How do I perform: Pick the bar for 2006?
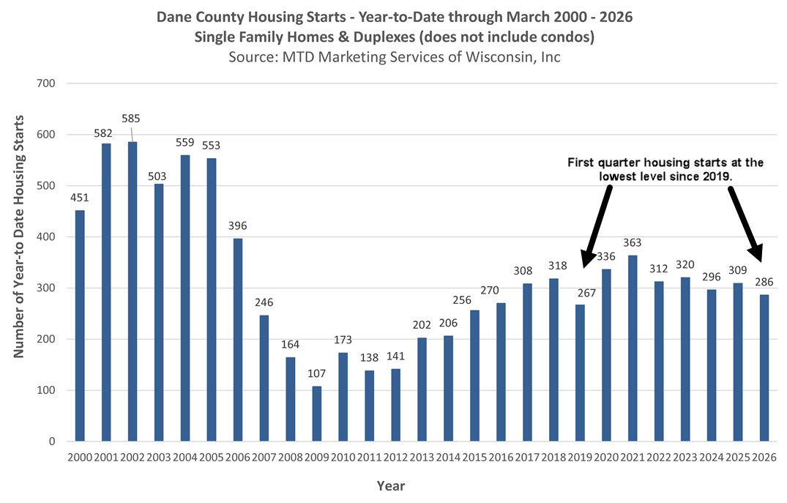(x=237, y=340)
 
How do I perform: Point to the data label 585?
(x=131, y=118)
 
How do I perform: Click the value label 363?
(x=632, y=242)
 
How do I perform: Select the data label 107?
(x=316, y=373)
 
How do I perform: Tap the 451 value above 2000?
(x=80, y=198)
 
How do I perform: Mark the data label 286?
(x=764, y=282)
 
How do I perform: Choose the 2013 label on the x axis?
(x=422, y=458)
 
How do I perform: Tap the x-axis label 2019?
(x=579, y=458)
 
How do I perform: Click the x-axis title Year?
(x=390, y=485)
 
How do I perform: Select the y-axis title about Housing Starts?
(x=19, y=236)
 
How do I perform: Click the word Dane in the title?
(x=174, y=17)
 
